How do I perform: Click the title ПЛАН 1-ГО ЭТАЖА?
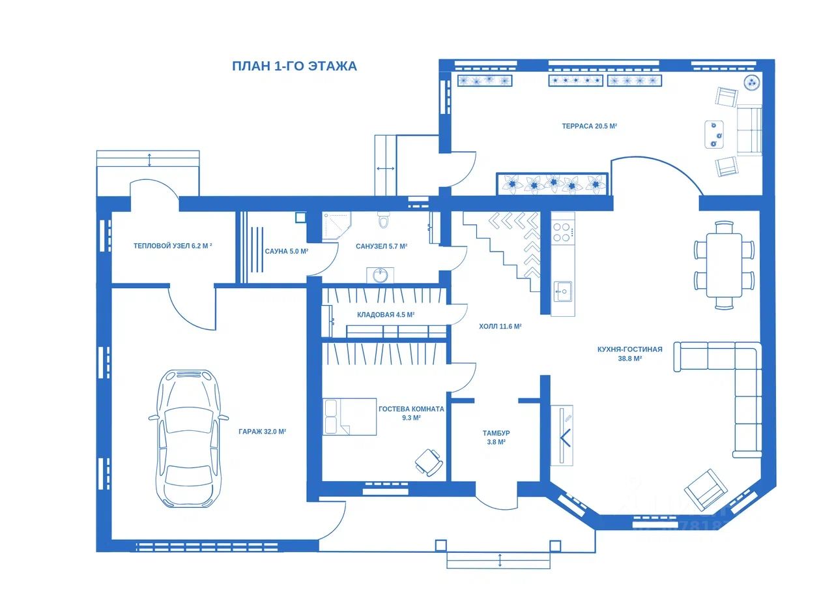click(294, 66)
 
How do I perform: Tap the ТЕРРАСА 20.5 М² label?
click(590, 126)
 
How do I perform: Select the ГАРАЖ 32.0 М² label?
click(262, 432)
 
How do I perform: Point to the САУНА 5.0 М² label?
click(286, 252)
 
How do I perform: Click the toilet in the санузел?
click(382, 220)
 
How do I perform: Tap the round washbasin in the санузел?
click(380, 275)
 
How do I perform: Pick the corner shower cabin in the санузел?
click(337, 226)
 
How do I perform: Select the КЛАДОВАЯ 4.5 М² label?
click(386, 315)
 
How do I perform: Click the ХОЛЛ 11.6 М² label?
click(500, 326)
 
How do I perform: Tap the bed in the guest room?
click(350, 417)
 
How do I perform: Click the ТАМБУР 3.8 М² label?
click(496, 437)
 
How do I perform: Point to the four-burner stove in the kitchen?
click(562, 231)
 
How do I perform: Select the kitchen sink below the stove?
click(562, 291)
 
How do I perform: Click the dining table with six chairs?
click(724, 265)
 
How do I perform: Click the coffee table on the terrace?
click(714, 134)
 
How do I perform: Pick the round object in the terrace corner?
click(752, 82)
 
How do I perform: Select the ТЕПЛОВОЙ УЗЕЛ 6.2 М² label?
click(173, 246)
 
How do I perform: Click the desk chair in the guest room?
click(429, 463)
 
